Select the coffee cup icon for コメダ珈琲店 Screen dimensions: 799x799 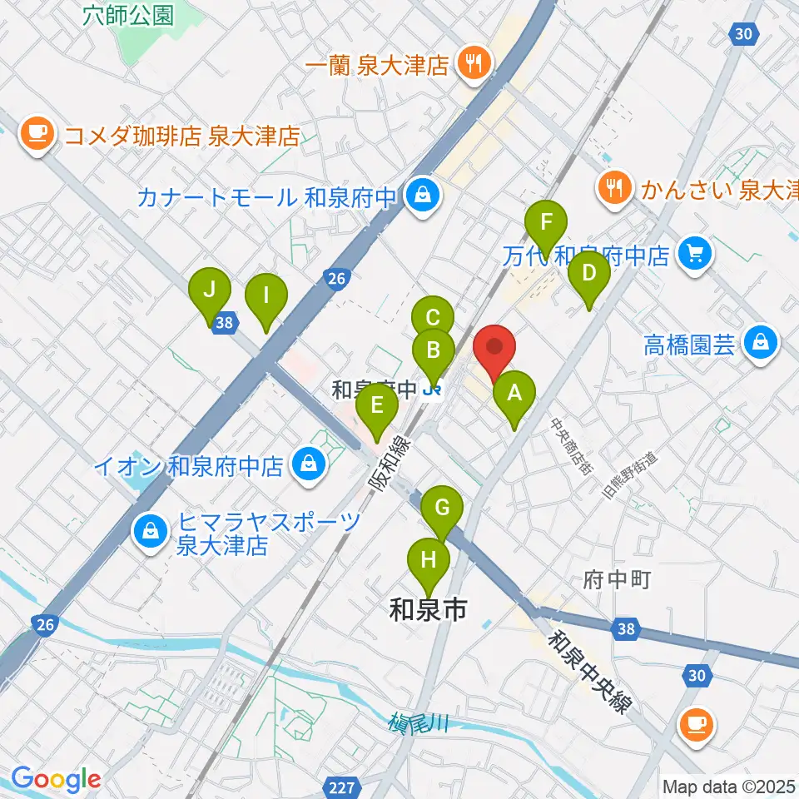coord(37,134)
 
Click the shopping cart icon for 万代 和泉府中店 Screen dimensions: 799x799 coord(695,253)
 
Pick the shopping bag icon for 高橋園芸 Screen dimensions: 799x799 coord(761,342)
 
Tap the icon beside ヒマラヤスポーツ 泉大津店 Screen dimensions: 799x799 coord(151,533)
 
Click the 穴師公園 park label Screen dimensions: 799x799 coord(129,15)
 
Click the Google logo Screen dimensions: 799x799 coord(57,779)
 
